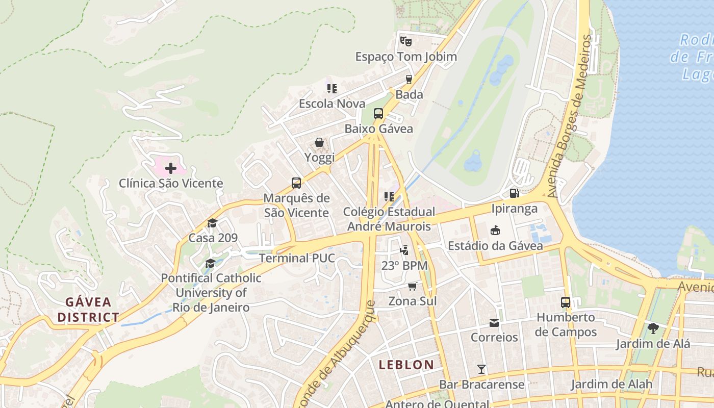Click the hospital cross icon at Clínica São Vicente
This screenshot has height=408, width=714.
[x=171, y=168]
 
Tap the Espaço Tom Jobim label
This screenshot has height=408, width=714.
[x=406, y=57]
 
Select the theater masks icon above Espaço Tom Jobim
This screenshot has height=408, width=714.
[x=405, y=40]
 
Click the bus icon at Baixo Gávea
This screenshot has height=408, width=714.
[x=378, y=114]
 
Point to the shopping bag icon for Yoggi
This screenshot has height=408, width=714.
[x=319, y=142]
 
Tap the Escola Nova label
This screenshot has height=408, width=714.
[x=332, y=104]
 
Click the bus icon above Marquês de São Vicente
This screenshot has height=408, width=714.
[x=296, y=183]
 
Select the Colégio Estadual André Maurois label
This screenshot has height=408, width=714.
[x=389, y=219]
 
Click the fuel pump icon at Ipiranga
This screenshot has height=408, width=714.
[x=515, y=193]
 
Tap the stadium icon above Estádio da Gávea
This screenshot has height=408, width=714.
[x=495, y=231]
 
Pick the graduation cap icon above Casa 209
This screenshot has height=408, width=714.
[x=213, y=223]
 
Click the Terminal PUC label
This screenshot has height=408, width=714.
[x=297, y=258]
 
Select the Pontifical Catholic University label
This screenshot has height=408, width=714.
[x=211, y=293]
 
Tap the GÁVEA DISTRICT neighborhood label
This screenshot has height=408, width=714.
[x=88, y=310]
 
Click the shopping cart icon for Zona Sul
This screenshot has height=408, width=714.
[x=413, y=286]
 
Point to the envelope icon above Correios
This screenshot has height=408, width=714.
[x=494, y=322]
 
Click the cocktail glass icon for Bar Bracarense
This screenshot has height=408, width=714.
[x=481, y=369]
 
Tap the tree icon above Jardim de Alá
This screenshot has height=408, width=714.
[x=653, y=328]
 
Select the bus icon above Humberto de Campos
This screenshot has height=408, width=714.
[x=566, y=302]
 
